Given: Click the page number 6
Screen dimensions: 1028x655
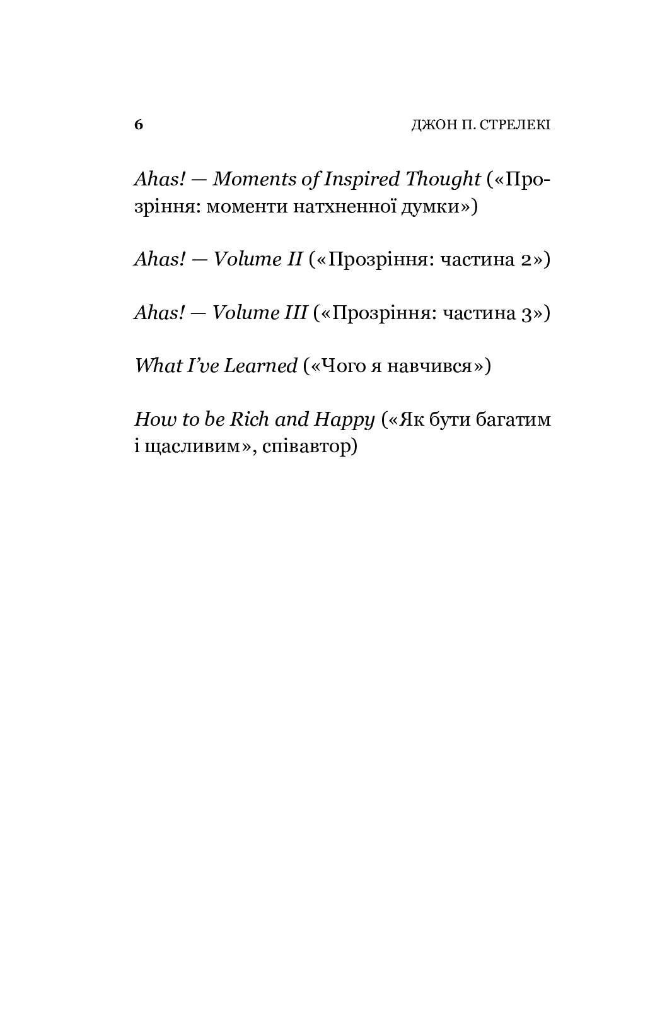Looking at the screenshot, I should [139, 124].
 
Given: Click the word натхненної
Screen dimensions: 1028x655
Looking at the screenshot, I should [345, 207].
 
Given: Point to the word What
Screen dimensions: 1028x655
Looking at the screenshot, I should [155, 366].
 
